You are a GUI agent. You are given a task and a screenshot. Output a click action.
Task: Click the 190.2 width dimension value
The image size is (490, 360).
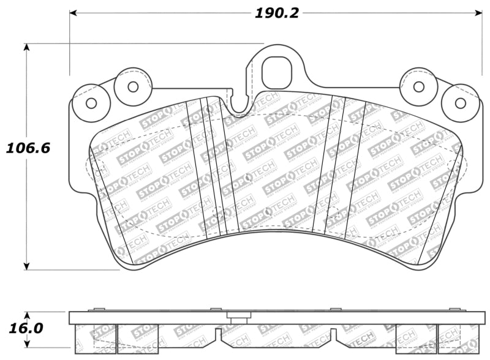click(x=277, y=12)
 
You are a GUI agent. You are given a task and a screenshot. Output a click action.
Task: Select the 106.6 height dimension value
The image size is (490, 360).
click(x=28, y=148)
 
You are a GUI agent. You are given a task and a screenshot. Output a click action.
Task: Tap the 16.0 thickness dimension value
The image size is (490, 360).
click(x=26, y=328)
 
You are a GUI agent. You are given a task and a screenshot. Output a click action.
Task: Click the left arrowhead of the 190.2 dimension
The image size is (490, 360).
click(x=73, y=12)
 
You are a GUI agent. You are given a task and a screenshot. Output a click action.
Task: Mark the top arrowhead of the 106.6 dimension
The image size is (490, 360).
click(x=26, y=48)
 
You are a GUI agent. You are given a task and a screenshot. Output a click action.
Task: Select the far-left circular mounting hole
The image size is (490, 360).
click(x=91, y=103)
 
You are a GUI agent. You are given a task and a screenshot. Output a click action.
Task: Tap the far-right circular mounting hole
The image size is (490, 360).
click(x=461, y=103)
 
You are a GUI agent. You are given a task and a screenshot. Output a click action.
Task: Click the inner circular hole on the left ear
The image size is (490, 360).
click(x=133, y=86)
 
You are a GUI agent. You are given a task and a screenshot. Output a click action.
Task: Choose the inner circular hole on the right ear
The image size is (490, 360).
click(x=419, y=86)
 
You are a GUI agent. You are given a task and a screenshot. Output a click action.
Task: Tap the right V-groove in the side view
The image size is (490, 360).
click(x=333, y=334)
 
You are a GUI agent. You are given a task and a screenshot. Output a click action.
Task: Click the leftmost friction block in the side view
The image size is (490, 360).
click(x=94, y=339)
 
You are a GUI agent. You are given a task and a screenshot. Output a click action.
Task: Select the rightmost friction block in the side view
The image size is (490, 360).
click(x=458, y=339)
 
